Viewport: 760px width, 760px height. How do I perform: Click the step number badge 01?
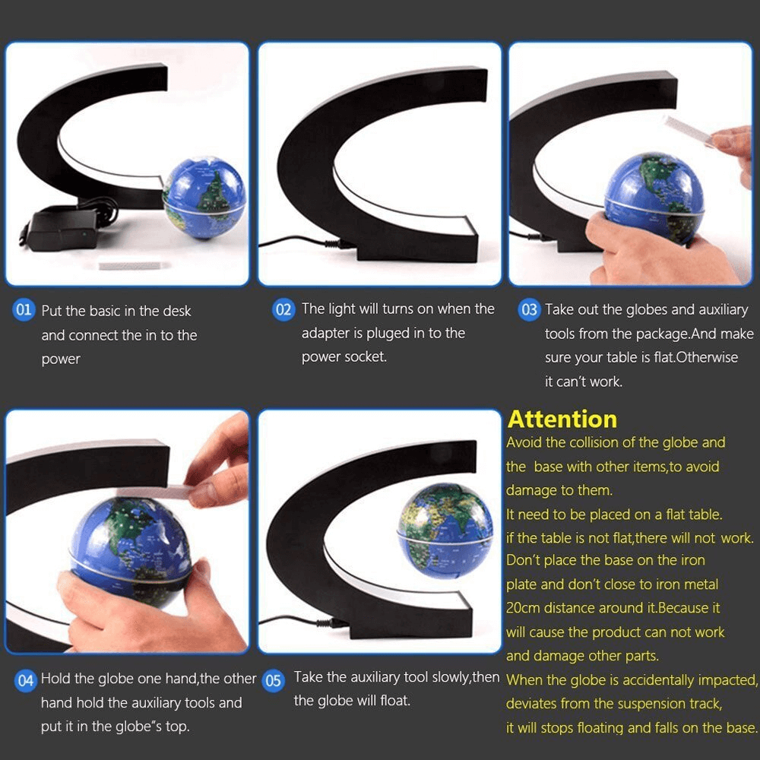click(x=24, y=310)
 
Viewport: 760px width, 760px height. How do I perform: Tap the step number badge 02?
click(x=283, y=309)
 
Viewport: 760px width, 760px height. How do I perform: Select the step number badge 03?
click(x=528, y=309)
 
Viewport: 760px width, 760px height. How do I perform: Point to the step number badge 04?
click(x=26, y=679)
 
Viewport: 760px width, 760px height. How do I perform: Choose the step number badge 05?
click(x=273, y=680)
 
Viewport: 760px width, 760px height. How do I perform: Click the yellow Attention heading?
click(x=562, y=419)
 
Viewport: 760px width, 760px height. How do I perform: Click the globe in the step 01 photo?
click(x=204, y=198)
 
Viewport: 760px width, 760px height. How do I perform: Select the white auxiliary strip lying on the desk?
click(x=134, y=265)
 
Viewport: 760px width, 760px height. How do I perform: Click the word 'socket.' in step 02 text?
click(x=364, y=356)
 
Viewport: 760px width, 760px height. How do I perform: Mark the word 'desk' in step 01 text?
click(x=176, y=311)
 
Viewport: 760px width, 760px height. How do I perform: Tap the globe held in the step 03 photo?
click(x=654, y=197)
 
